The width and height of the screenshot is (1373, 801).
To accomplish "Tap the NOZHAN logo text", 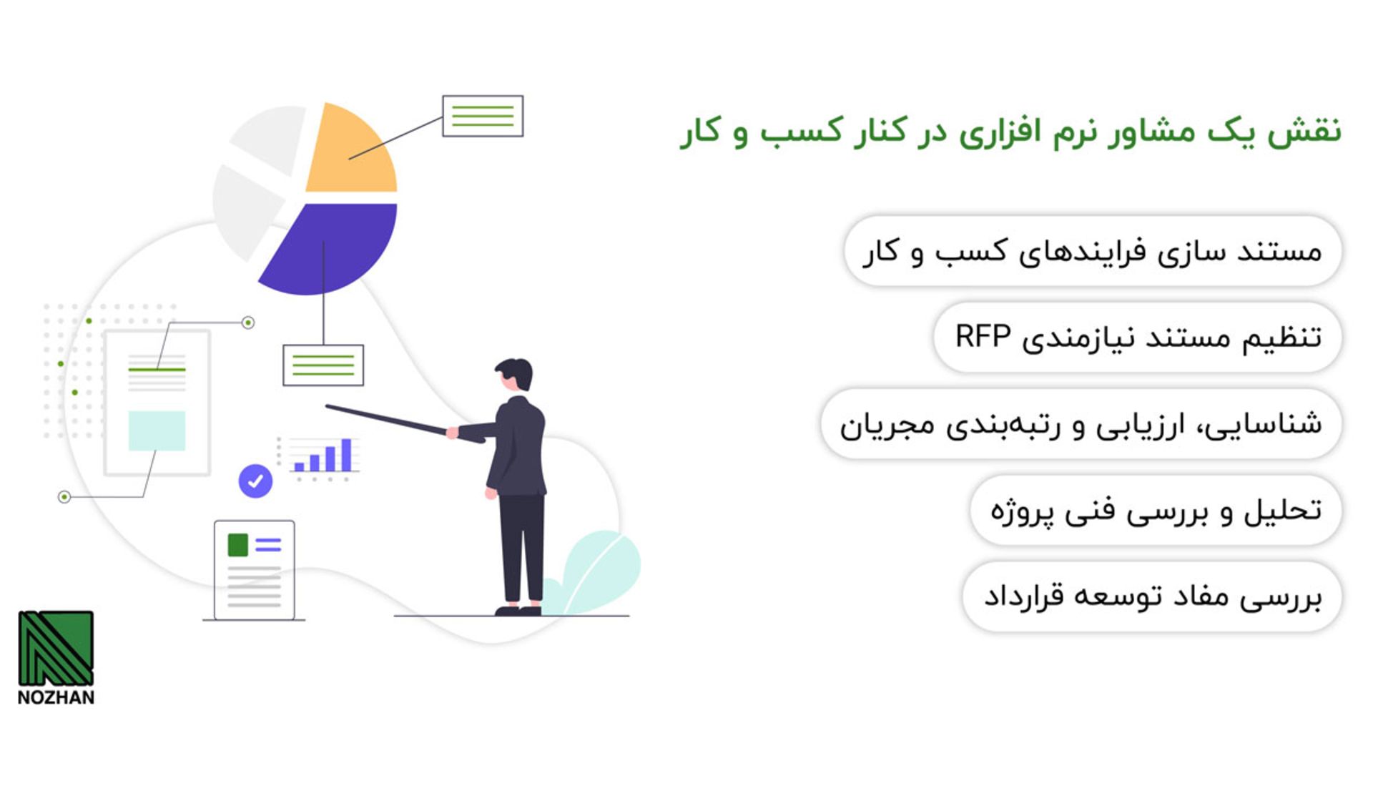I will tap(56, 697).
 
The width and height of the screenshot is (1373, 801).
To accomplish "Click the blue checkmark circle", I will tap(255, 481).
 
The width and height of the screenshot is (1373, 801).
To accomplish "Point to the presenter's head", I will tap(516, 375).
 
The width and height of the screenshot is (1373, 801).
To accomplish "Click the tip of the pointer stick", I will tap(328, 407).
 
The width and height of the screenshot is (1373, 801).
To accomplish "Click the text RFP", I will tap(983, 337).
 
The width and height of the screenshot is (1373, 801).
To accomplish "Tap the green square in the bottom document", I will tap(238, 545).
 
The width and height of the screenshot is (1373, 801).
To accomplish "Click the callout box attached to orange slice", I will tap(483, 116).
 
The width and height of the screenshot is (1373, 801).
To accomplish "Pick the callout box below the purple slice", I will tap(323, 365).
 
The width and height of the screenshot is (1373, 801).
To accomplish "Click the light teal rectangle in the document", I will tap(157, 431).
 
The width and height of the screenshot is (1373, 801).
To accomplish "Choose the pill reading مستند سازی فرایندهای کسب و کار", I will tap(1092, 252).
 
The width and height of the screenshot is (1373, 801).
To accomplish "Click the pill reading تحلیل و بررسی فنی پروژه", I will tap(1155, 511).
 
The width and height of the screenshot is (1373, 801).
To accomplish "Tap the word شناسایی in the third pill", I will tap(1272, 424).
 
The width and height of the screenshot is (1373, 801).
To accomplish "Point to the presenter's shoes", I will tap(518, 611).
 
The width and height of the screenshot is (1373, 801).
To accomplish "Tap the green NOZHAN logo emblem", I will tap(56, 648).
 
